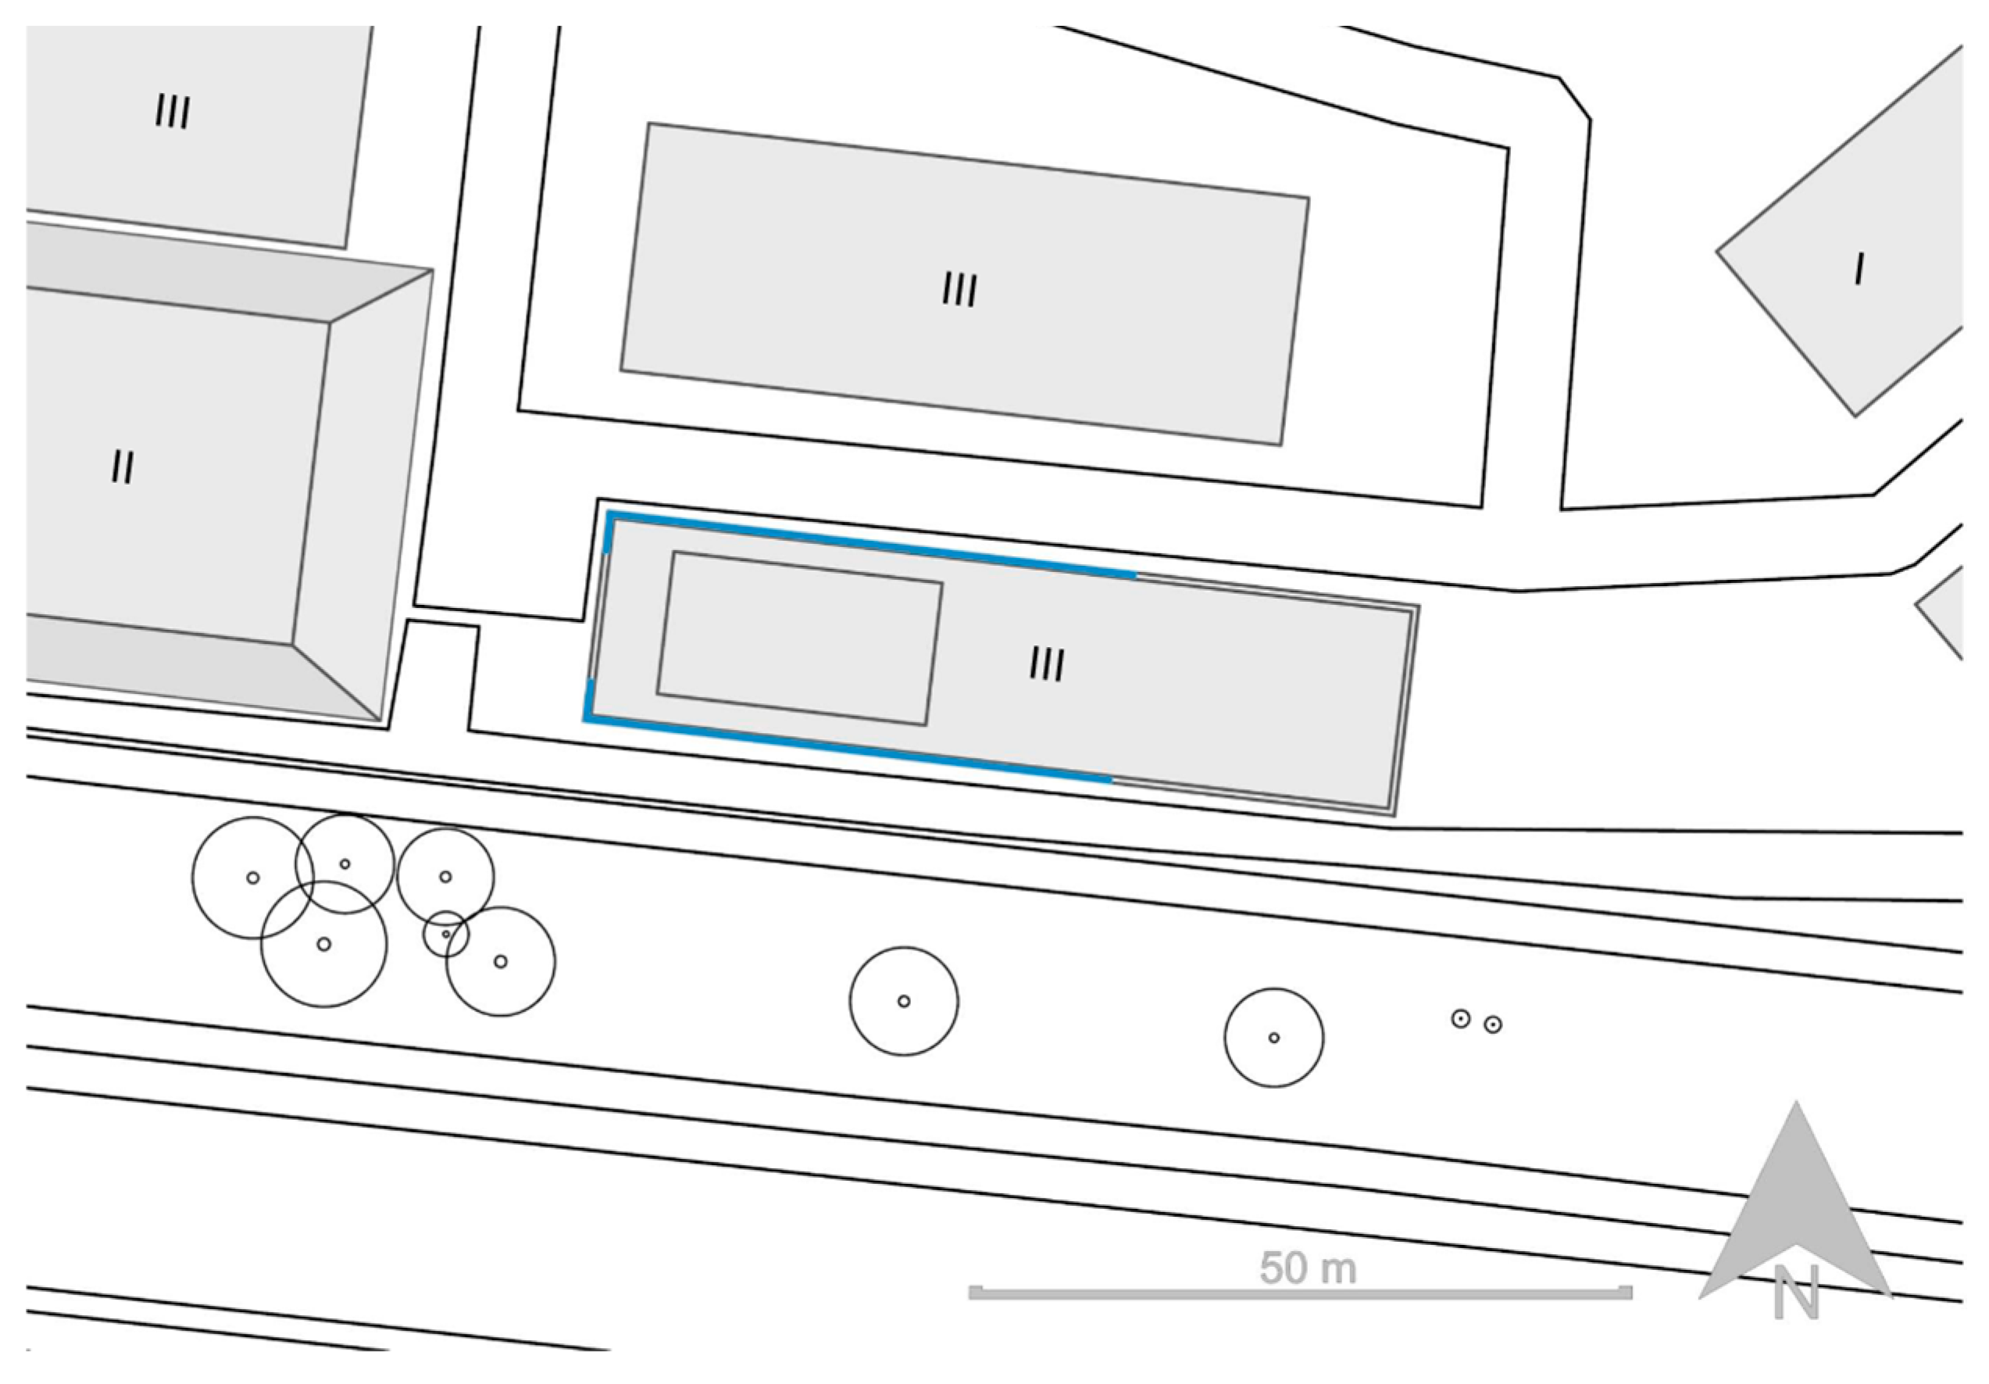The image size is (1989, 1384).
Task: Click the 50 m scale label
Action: (x=1307, y=1268)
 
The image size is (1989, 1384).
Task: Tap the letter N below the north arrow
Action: (x=1797, y=1293)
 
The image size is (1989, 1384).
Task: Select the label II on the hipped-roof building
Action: (x=123, y=468)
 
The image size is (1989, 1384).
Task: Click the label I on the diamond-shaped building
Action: (x=1859, y=270)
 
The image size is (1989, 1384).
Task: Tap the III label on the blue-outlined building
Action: (x=1048, y=665)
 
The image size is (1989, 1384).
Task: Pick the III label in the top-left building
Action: (x=173, y=112)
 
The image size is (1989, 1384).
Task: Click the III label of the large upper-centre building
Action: (x=960, y=289)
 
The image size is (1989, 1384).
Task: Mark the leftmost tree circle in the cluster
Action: (x=192, y=878)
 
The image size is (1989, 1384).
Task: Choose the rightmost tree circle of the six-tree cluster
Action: (x=555, y=962)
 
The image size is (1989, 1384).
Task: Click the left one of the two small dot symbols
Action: (x=1461, y=1019)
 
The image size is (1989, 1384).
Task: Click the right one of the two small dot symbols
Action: (x=1493, y=1025)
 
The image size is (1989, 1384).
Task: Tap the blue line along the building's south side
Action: (x=849, y=749)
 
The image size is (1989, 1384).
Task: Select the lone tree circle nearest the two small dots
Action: (x=1225, y=1037)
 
